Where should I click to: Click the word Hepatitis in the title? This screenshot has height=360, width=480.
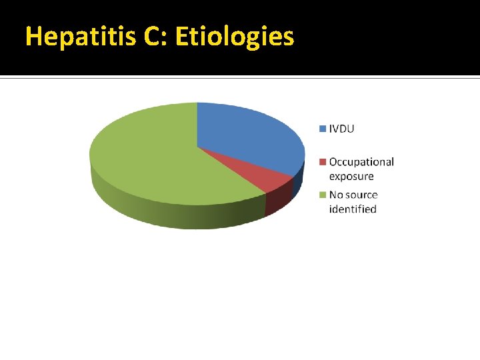pyautogui.click(x=80, y=37)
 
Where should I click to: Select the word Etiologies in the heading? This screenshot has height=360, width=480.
pyautogui.click(x=234, y=37)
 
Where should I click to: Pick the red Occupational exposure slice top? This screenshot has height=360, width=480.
pyautogui.click(x=267, y=175)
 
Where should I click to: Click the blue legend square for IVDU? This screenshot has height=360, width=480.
pyautogui.click(x=323, y=128)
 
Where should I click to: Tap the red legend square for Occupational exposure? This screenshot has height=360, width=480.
pyautogui.click(x=323, y=161)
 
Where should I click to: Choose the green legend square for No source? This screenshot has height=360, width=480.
pyautogui.click(x=323, y=195)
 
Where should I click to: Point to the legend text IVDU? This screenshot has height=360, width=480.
pyautogui.click(x=342, y=128)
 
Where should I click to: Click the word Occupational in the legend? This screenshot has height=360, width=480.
pyautogui.click(x=361, y=162)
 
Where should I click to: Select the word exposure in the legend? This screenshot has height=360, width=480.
pyautogui.click(x=351, y=176)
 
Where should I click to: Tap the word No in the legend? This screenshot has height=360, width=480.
pyautogui.click(x=336, y=195)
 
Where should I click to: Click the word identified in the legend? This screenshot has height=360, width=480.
pyautogui.click(x=353, y=209)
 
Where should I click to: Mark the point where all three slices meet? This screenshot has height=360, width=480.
pyautogui.click(x=197, y=147)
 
